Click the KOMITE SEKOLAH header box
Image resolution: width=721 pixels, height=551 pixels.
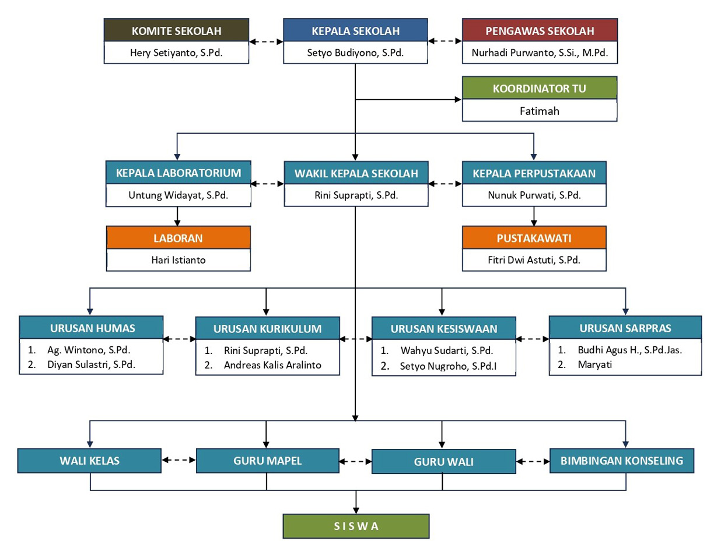tap(176, 30)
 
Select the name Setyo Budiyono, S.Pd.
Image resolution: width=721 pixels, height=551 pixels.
tap(355, 52)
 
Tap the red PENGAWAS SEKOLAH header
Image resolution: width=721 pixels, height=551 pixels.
tap(540, 30)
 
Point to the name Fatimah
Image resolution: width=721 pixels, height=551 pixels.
tap(540, 111)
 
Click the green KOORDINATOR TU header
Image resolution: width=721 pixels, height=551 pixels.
tap(540, 87)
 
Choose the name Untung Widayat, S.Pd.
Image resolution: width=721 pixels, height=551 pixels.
tap(178, 195)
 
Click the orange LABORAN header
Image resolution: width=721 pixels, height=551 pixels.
tap(178, 237)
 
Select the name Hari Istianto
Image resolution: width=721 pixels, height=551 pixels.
tap(178, 260)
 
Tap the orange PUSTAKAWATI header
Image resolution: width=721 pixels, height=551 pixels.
tap(534, 237)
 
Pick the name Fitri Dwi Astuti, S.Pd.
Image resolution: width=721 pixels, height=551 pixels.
tap(534, 260)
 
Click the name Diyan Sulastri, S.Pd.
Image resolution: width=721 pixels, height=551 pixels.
tap(92, 364)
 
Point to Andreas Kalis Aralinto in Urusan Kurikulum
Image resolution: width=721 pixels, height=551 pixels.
tap(272, 365)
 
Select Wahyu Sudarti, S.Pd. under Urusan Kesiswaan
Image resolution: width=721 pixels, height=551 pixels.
tap(447, 350)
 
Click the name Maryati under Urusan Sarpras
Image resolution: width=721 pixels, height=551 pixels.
tap(595, 364)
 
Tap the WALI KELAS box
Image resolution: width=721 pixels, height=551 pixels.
tap(89, 461)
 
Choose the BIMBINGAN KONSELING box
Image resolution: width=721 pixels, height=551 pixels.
tap(622, 461)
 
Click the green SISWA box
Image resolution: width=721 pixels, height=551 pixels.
tap(356, 526)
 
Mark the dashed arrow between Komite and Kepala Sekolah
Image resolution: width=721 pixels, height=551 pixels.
tap(266, 41)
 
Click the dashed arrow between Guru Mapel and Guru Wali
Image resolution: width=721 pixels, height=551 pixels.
tap(355, 461)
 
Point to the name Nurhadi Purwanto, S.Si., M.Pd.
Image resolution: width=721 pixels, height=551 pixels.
tap(540, 52)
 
